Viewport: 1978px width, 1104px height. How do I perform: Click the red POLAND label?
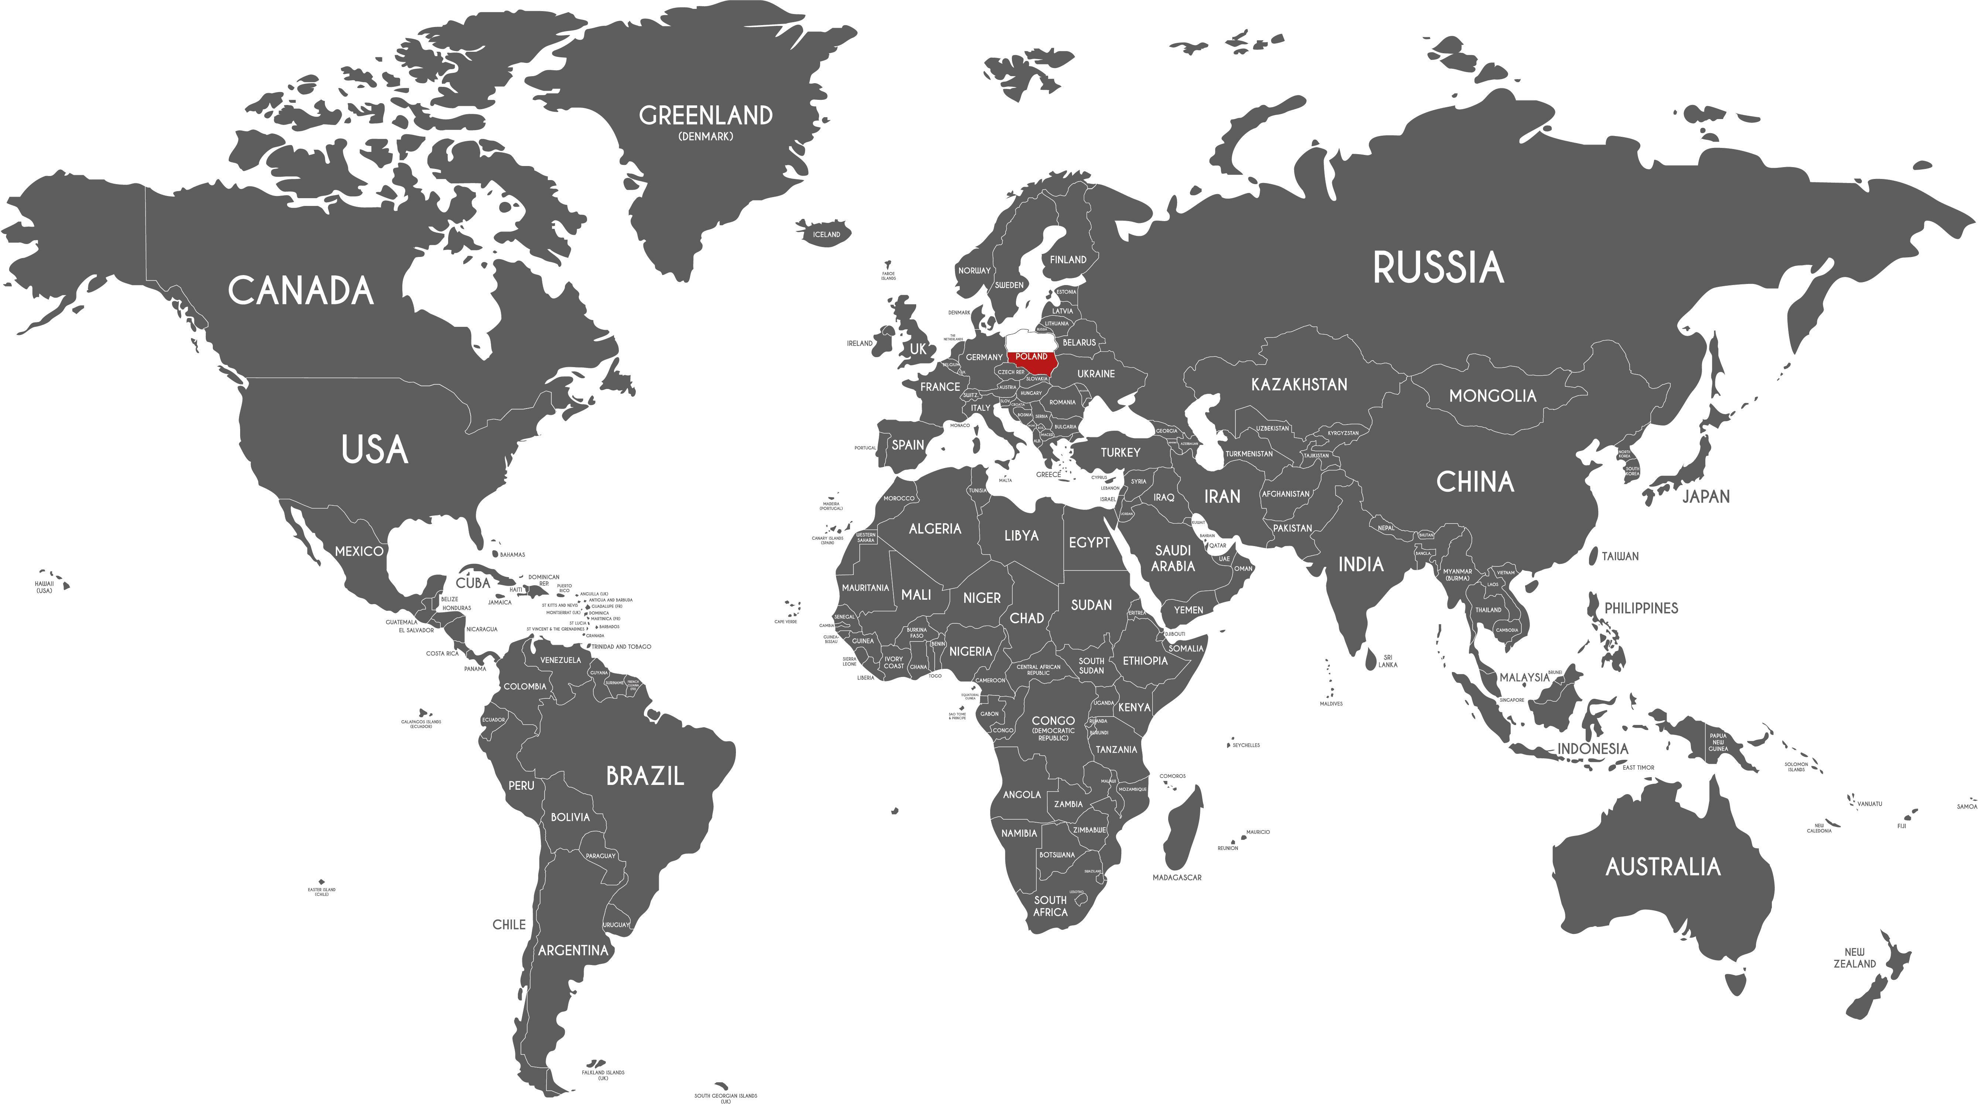[x=1031, y=356]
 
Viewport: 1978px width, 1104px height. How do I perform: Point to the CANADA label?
[x=301, y=290]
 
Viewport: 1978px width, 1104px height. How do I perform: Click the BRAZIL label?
[x=645, y=776]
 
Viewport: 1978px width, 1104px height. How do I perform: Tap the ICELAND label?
[x=826, y=234]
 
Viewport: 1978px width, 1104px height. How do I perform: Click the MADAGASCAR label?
[x=1176, y=877]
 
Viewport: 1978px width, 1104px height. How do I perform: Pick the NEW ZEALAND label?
[x=1854, y=958]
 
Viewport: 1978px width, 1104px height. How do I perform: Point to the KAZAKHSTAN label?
[x=1299, y=384]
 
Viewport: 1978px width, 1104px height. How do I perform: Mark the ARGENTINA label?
[x=573, y=950]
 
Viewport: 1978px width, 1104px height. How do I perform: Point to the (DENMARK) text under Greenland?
[x=706, y=137]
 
